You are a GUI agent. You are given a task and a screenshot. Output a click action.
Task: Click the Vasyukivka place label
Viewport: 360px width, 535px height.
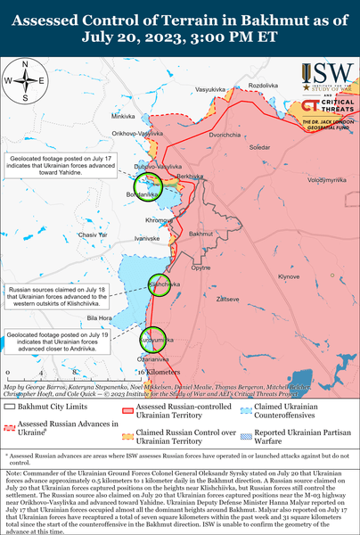(210, 90)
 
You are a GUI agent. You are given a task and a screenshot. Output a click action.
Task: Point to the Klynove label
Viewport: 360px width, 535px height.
(289, 276)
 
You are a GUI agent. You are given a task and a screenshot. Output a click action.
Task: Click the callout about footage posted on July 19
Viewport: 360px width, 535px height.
(58, 340)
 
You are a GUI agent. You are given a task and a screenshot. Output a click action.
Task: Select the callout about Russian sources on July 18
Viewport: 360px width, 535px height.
(57, 295)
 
